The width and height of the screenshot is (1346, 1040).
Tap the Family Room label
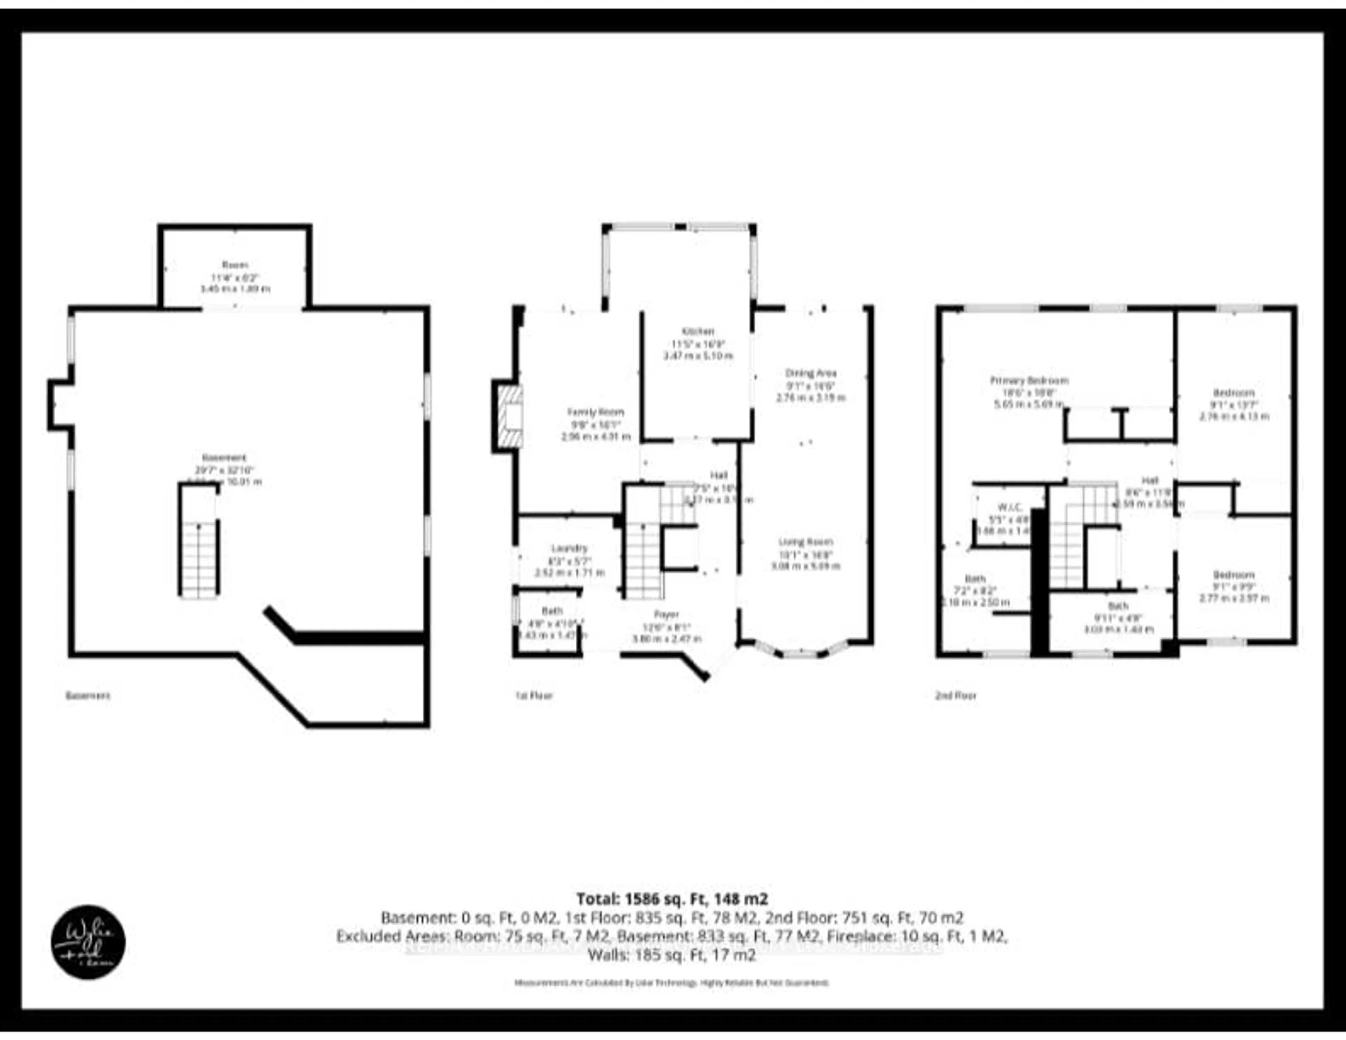coord(595,412)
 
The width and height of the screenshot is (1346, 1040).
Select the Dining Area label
coord(810,373)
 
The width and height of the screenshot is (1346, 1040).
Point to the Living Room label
coord(805,542)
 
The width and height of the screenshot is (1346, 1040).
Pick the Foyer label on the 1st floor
coord(666,614)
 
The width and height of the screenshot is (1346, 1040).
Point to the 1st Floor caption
coord(534,696)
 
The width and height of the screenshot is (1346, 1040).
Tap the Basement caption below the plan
coord(88,696)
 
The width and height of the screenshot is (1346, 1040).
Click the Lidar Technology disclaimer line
coord(672,983)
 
